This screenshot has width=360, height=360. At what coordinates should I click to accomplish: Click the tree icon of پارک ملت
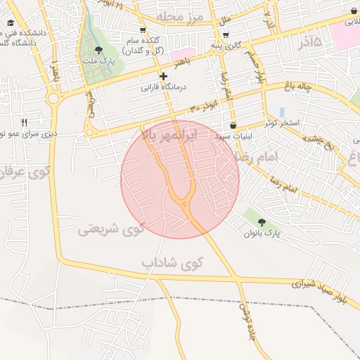(98, 50)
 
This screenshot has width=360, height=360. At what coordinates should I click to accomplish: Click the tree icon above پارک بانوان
(262, 221)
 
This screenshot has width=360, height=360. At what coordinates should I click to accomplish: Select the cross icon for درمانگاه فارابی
(163, 76)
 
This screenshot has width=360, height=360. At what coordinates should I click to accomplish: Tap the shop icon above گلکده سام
(143, 30)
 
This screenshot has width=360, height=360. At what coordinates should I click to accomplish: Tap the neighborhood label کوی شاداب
(172, 263)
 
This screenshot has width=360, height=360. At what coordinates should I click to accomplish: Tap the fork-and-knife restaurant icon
(25, 122)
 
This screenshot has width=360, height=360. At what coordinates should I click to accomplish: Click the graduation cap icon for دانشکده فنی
(10, 22)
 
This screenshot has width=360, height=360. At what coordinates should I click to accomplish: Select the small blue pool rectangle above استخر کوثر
(282, 112)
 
